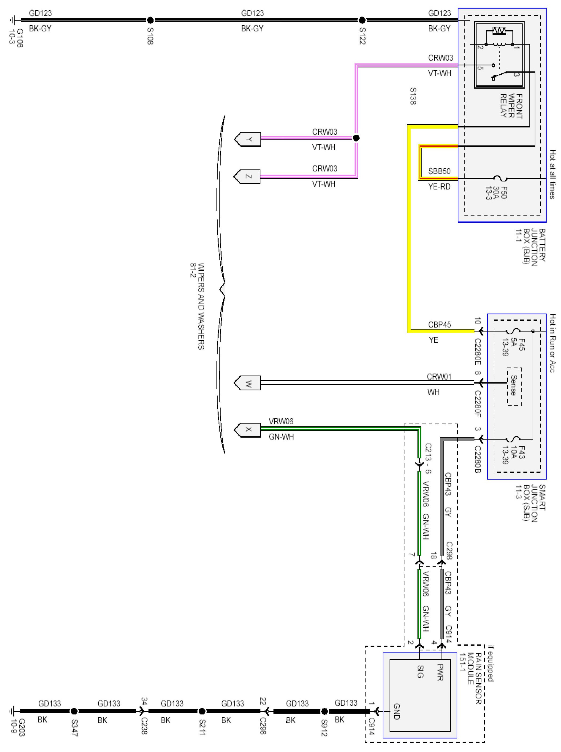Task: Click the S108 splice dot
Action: pyautogui.click(x=150, y=20)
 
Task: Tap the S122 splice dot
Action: pyautogui.click(x=362, y=20)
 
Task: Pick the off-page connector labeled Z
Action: pyautogui.click(x=247, y=177)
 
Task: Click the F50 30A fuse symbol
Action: pyautogui.click(x=500, y=178)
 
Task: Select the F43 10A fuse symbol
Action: pyautogui.click(x=513, y=439)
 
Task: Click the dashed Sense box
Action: pyautogui.click(x=515, y=386)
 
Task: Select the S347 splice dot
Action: pyautogui.click(x=74, y=711)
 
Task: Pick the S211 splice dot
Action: pyautogui.click(x=202, y=711)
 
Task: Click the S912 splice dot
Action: pyautogui.click(x=324, y=711)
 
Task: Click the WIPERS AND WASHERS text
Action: pyautogui.click(x=201, y=306)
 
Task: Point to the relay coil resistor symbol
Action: pyautogui.click(x=499, y=31)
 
